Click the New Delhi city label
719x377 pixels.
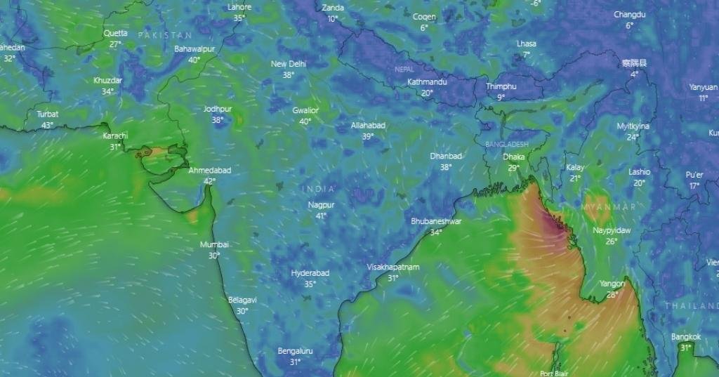point(289,64)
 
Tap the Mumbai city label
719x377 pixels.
point(214,244)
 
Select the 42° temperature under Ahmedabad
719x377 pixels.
point(209,181)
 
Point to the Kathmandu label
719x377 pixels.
point(427,82)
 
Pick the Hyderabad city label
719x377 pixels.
point(310,273)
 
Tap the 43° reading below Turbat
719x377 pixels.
point(47,125)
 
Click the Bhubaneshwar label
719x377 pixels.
point(436,221)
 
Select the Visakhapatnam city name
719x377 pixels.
point(393,267)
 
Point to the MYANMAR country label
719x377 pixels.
point(608,207)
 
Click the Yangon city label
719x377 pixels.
point(612,284)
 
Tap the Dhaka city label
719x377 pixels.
point(514,157)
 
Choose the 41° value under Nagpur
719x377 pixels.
point(321,216)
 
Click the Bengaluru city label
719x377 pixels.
point(295,351)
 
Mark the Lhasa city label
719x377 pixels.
point(527,44)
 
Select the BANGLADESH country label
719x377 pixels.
point(506,144)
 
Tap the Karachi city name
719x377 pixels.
point(115,135)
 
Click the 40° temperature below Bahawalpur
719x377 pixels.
point(194,60)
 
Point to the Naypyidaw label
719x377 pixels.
point(612,230)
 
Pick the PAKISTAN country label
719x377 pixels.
point(164,34)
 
